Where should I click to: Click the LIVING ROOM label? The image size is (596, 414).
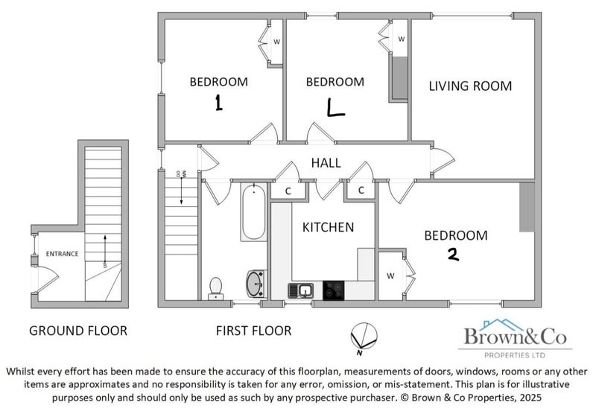pos(470,86)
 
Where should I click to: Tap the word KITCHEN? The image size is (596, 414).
pos(328,227)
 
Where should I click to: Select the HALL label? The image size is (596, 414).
pos(326,163)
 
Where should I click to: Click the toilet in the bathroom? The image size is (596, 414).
pos(215,288)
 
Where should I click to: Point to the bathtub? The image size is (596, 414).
pos(253,212)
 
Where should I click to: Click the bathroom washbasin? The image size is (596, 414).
pos(256,284)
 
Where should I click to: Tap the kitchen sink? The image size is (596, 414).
pos(301,291)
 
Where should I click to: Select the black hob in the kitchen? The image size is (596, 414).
pos(333,290)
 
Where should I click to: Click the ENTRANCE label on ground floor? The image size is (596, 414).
pos(62,254)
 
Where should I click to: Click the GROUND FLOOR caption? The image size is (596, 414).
pos(78,331)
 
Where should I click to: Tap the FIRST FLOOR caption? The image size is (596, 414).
pos(253,331)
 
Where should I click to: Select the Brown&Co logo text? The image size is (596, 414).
pos(516,337)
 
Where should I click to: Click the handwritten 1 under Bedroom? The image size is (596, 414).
pos(218,103)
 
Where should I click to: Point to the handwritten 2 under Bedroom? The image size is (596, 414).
pos(453,255)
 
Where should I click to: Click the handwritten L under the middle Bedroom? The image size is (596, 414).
pos(335,107)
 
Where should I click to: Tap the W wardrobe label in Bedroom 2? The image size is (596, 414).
pos(390,276)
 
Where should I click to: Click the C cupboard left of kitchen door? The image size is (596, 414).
pos(288,191)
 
